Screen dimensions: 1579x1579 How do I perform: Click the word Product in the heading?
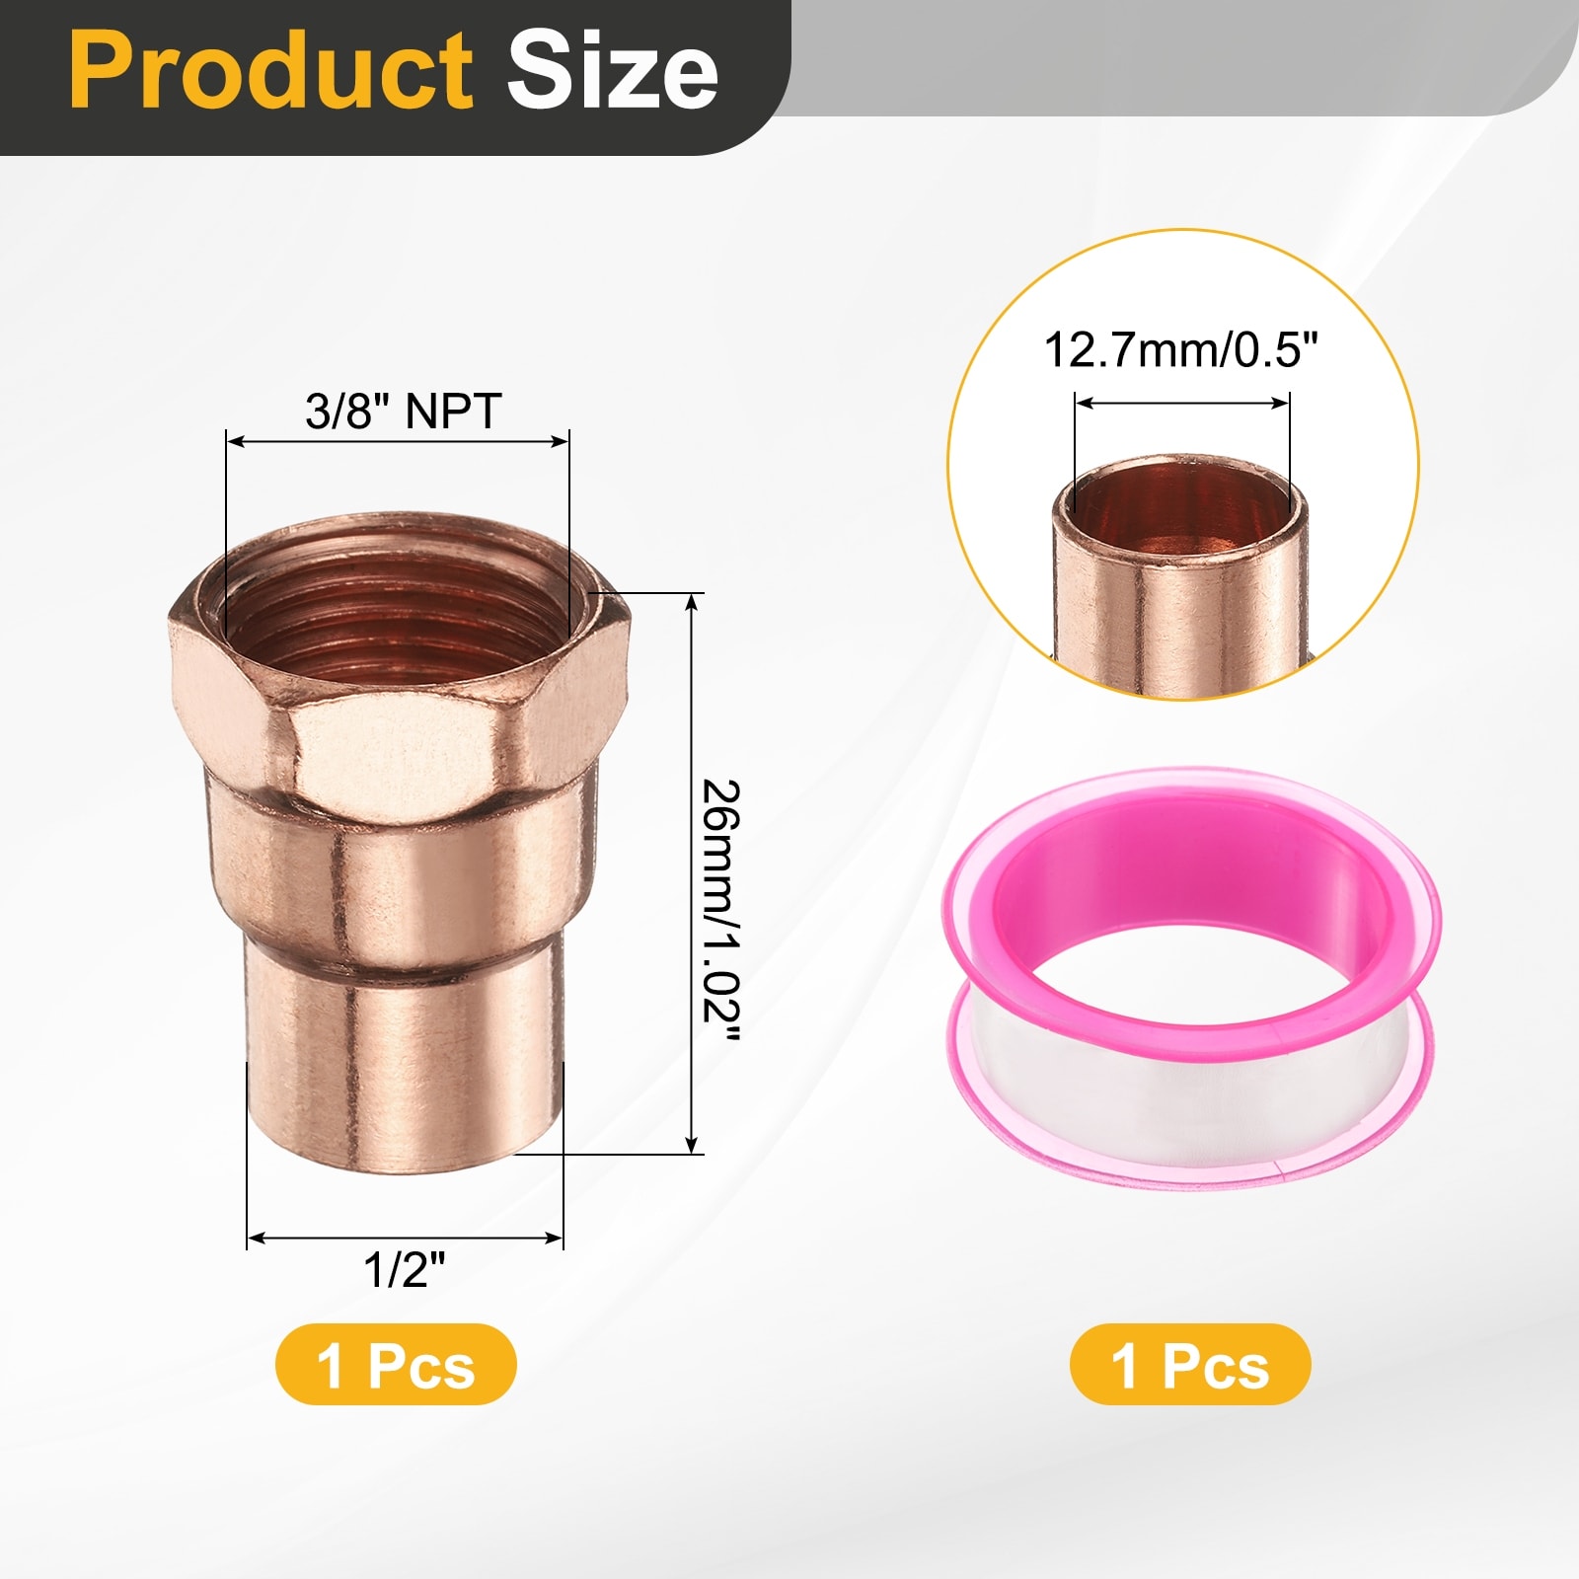(271, 71)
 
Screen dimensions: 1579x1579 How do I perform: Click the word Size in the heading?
(612, 71)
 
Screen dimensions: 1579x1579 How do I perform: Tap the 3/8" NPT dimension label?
(403, 411)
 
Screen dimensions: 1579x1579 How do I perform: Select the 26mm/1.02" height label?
(720, 910)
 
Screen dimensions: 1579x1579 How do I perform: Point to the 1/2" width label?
(405, 1269)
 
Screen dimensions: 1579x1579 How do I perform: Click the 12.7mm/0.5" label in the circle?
(1181, 350)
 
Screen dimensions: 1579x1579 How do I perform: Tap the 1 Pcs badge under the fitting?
(396, 1365)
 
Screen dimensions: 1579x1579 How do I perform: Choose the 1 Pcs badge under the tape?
(1190, 1365)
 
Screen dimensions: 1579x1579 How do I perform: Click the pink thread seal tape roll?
(1189, 977)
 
